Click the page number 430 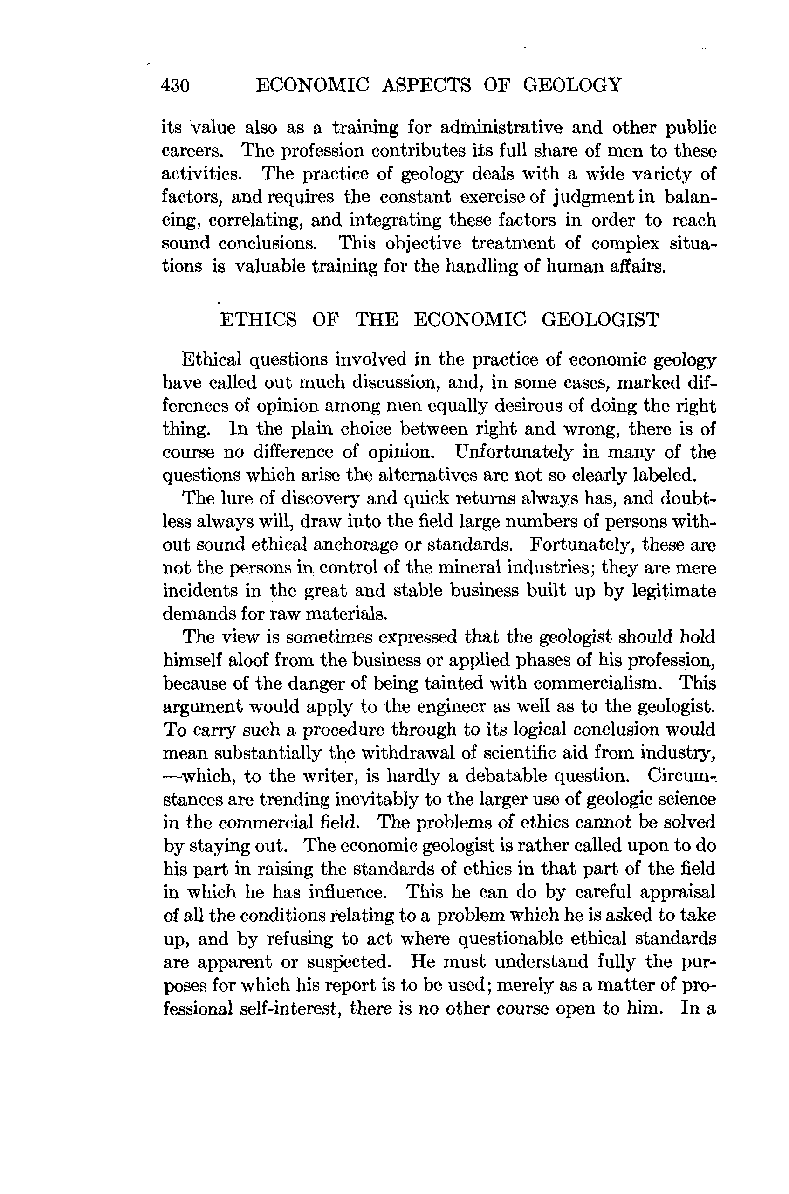(x=175, y=86)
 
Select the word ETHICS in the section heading (x=259, y=320)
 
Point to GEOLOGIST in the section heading (x=600, y=320)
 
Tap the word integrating (x=395, y=221)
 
